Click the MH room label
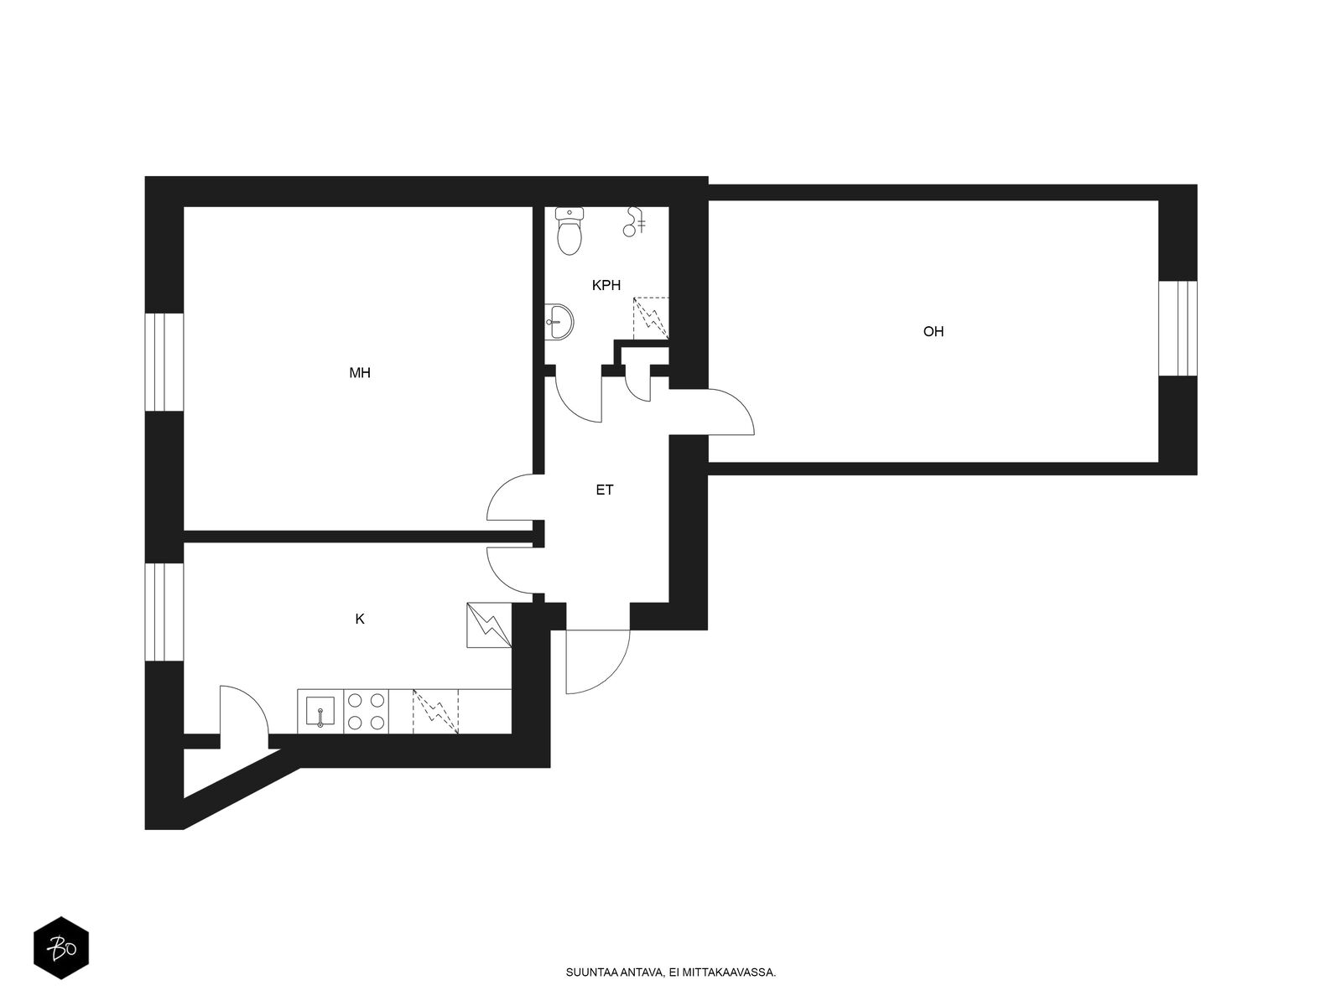click(x=360, y=372)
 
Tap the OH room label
click(x=933, y=331)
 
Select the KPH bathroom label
click(x=606, y=285)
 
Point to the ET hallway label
click(x=604, y=490)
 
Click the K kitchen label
click(x=360, y=619)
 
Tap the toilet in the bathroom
click(x=570, y=231)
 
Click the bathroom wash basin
click(x=559, y=321)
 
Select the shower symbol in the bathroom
click(x=633, y=221)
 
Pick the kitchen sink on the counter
click(x=320, y=711)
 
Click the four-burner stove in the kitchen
click(x=367, y=711)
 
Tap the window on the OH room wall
click(x=1178, y=328)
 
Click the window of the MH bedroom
click(x=164, y=361)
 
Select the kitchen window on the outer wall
click(x=164, y=611)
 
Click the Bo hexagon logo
click(x=61, y=948)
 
